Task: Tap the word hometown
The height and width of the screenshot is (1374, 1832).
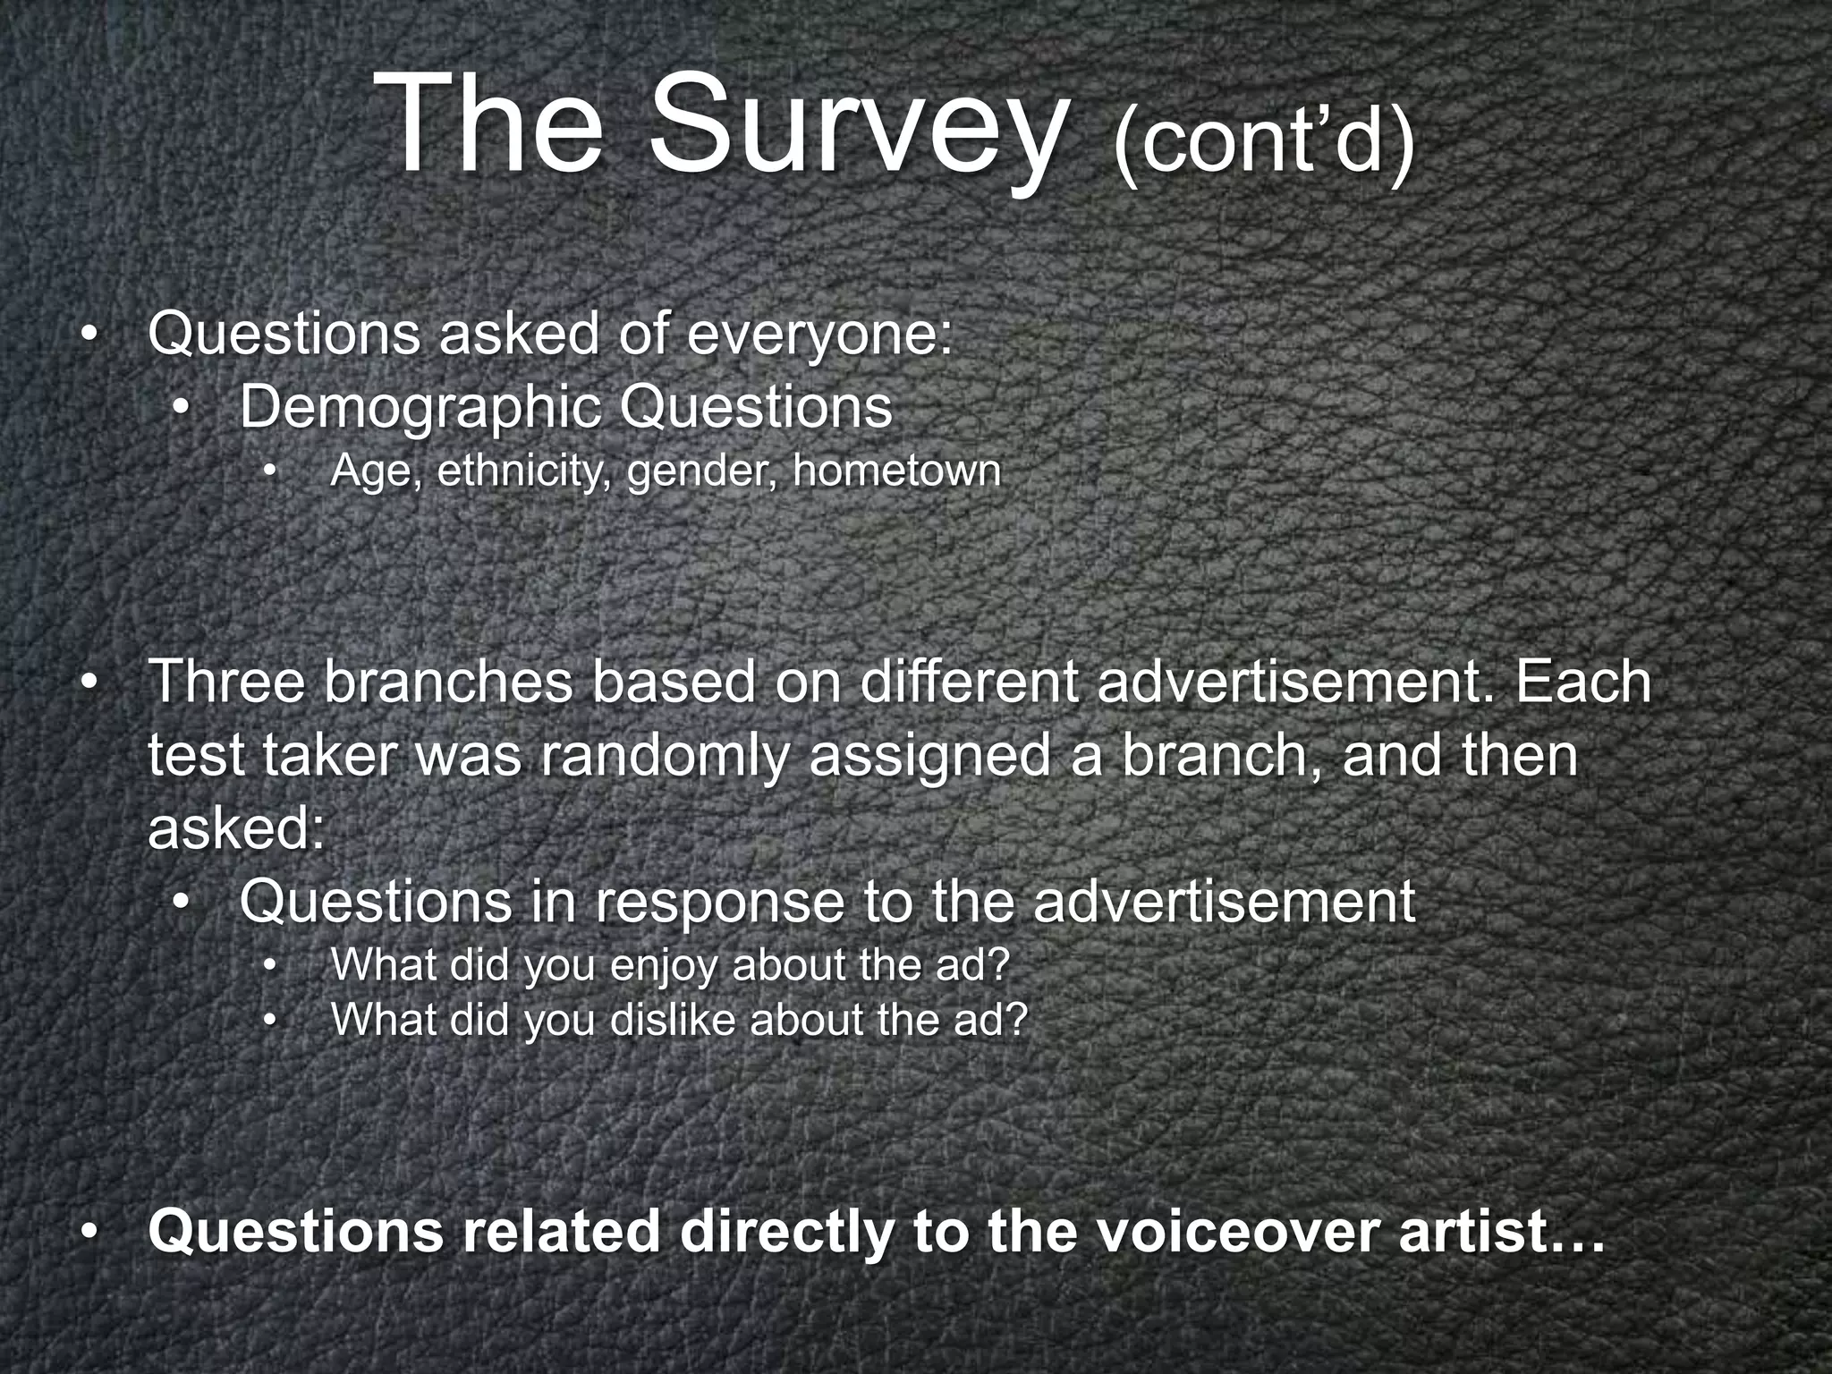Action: point(896,471)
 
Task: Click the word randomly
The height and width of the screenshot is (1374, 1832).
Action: point(664,754)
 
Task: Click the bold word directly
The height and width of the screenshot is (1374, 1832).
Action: point(786,1231)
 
